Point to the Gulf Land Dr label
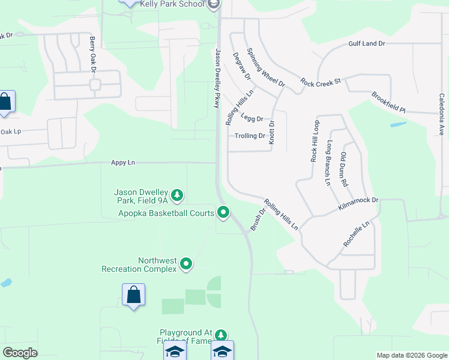pyautogui.click(x=366, y=44)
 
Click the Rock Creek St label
pyautogui.click(x=321, y=82)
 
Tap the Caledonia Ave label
pyautogui.click(x=441, y=113)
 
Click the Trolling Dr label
pyautogui.click(x=250, y=136)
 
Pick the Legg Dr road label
pyautogui.click(x=252, y=119)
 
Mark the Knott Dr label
pyautogui.click(x=271, y=132)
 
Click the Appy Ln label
pyautogui.click(x=122, y=163)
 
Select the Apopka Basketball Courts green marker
pyautogui.click(x=223, y=212)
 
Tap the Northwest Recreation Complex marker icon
pyautogui.click(x=186, y=263)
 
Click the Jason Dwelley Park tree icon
pyautogui.click(x=177, y=195)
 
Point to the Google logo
pyautogui.click(x=20, y=353)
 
